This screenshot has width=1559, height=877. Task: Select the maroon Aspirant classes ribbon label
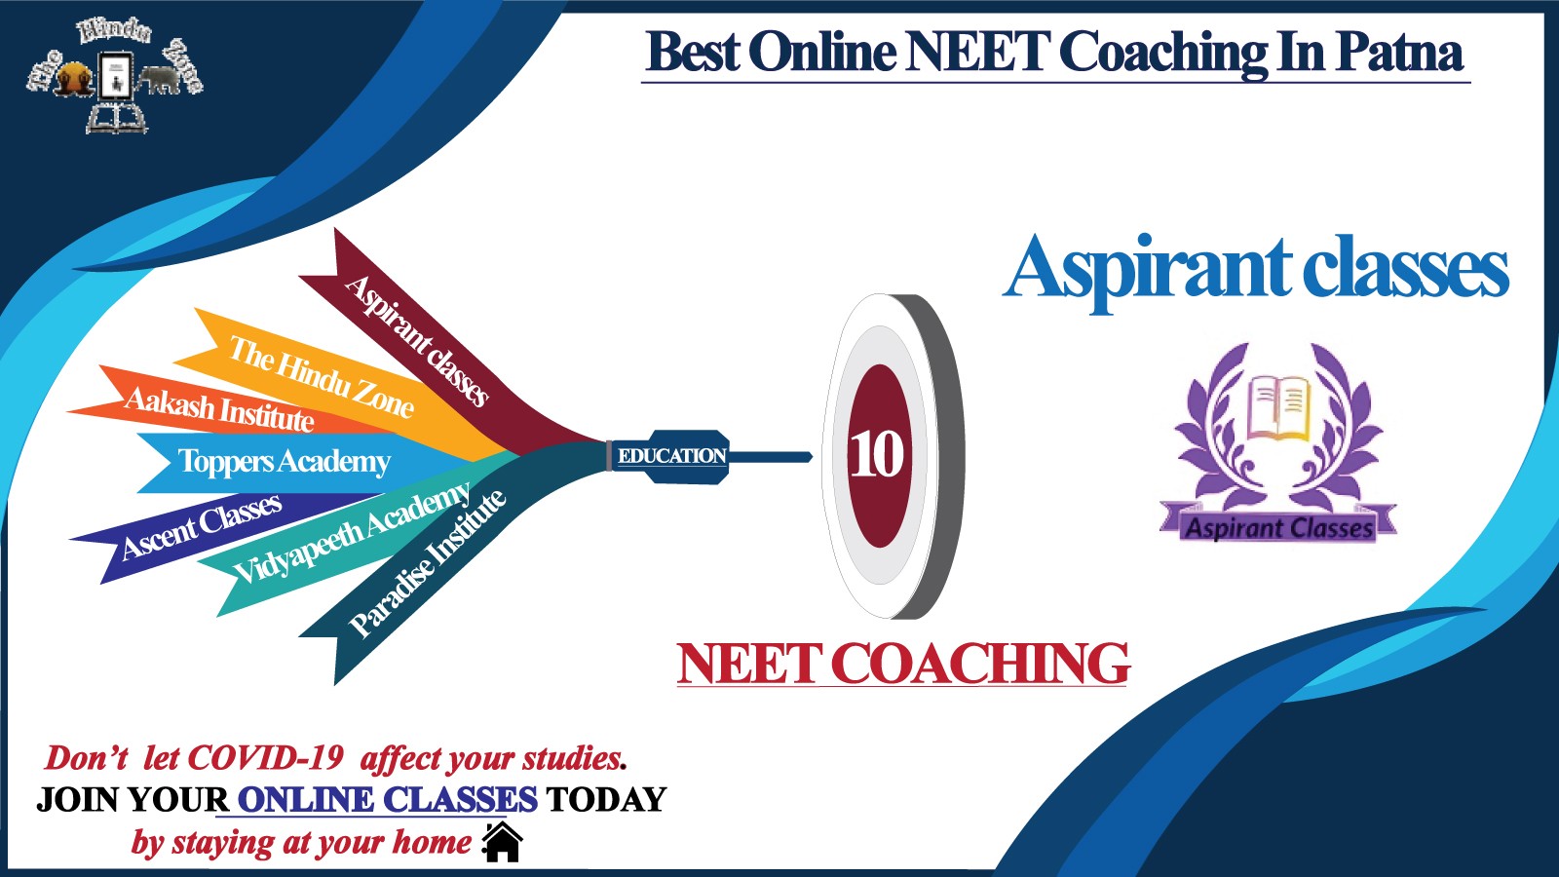pos(416,341)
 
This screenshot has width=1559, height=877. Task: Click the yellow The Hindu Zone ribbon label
pos(322,376)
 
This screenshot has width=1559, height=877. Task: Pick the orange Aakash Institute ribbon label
pos(219,409)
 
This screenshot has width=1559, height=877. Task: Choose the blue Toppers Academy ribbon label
pos(284,462)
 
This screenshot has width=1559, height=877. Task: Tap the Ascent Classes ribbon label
pos(202,526)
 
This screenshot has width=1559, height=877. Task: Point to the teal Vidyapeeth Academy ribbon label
pos(352,532)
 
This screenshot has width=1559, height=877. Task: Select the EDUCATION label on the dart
pos(671,456)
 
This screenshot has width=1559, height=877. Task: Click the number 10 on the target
pos(877,455)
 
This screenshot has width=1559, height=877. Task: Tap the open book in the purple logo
pos(1279,408)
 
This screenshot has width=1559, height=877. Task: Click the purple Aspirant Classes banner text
pos(1279,527)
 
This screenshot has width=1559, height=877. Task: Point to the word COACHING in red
pos(980,664)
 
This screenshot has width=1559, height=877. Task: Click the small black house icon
pos(502,842)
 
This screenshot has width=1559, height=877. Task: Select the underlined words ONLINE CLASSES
pos(387,800)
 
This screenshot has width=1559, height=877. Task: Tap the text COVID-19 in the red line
pos(266,758)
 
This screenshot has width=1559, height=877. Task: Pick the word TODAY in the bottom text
pos(606,800)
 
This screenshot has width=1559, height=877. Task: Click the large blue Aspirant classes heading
pos(1256,270)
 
